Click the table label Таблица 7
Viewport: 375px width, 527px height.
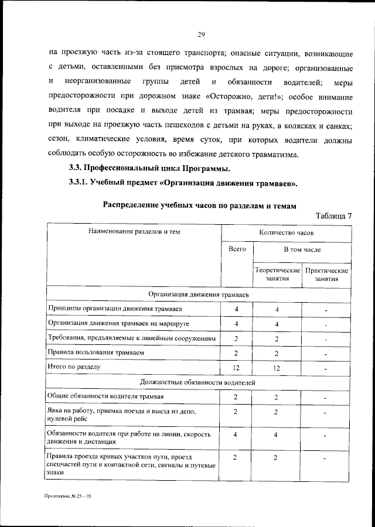coord(333,215)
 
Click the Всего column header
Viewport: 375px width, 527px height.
coord(237,249)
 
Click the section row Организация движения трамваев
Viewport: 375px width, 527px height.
coord(199,294)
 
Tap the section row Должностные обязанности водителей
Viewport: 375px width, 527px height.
coord(199,382)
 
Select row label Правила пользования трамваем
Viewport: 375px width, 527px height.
coord(95,353)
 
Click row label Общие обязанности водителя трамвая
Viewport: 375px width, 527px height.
coord(100,397)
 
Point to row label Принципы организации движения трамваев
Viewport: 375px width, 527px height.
coord(107,309)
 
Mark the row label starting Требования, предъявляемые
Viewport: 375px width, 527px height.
coord(132,338)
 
